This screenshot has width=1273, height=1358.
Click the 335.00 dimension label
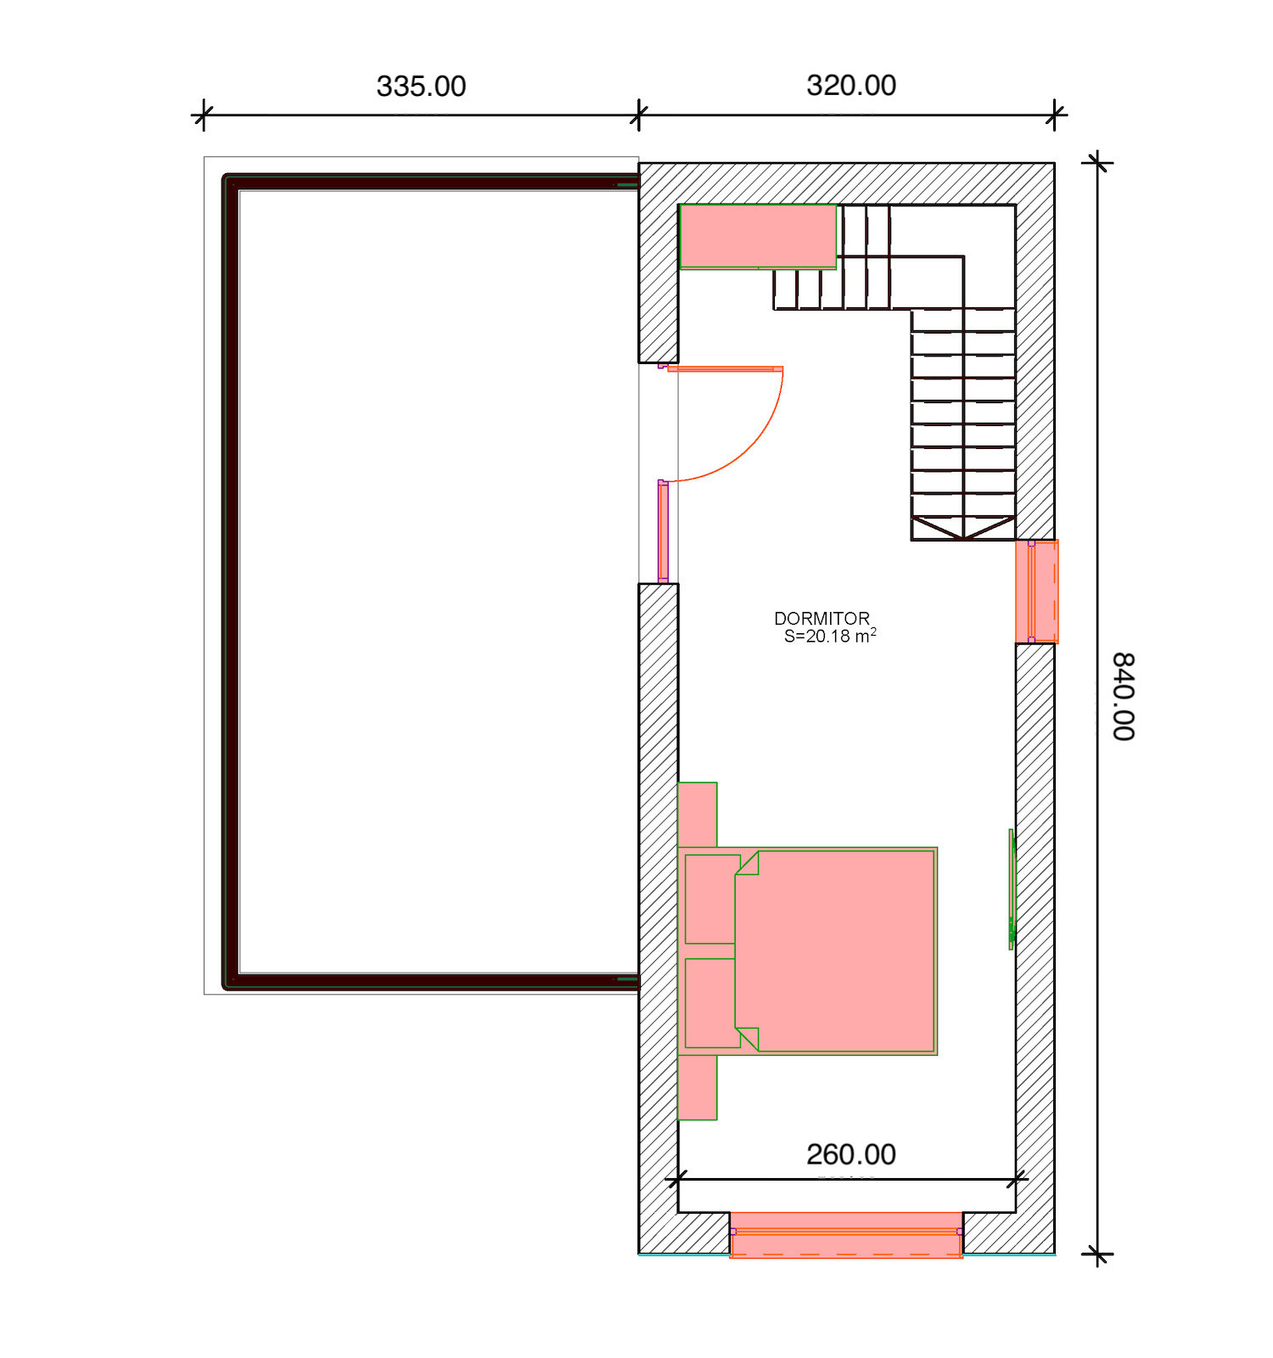[421, 87]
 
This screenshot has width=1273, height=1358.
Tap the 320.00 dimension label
[851, 86]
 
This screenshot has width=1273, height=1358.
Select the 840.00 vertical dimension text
[1124, 697]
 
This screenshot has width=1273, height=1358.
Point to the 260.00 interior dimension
[851, 1154]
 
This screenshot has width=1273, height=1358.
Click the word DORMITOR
[822, 619]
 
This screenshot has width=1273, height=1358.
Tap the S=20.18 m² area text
[830, 636]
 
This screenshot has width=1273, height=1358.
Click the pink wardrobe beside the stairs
[758, 236]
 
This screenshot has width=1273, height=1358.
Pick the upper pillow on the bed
[711, 899]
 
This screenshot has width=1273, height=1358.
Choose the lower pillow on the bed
[711, 1003]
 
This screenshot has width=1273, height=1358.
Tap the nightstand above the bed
[698, 815]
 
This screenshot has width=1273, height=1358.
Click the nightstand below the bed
[698, 1087]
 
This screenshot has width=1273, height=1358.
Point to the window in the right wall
[1037, 592]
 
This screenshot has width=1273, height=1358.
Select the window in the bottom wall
[846, 1234]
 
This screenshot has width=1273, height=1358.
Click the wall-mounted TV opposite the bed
[1012, 889]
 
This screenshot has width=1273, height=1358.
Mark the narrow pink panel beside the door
[664, 531]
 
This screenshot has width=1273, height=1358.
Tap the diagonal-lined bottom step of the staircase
[963, 529]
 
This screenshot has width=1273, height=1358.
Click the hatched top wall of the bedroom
[847, 183]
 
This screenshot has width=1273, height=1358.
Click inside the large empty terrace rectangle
[438, 581]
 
